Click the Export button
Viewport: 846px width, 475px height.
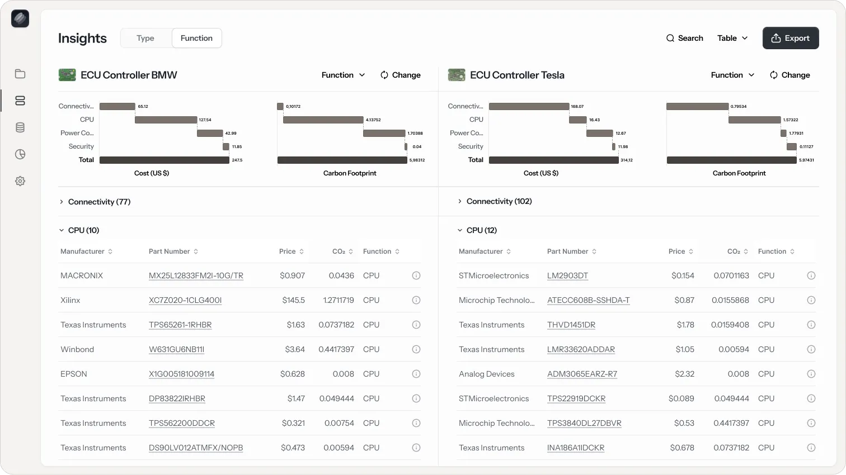[790, 38]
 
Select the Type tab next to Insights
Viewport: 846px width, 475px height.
[145, 38]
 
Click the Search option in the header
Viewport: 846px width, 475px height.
[684, 38]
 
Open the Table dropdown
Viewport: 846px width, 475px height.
[732, 38]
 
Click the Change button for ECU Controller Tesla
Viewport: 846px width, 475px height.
[789, 75]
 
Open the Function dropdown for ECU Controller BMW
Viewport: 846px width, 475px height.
[343, 75]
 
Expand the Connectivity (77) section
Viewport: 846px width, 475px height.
[95, 202]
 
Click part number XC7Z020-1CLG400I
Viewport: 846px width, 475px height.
[185, 300]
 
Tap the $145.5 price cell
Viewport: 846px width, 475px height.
[293, 300]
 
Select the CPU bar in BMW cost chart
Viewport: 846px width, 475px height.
[166, 120]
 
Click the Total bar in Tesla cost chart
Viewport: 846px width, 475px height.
[553, 160]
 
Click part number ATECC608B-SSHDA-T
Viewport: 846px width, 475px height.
[588, 300]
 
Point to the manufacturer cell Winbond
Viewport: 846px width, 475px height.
[77, 349]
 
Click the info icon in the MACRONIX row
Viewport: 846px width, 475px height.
[416, 275]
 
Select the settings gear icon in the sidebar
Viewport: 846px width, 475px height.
[20, 181]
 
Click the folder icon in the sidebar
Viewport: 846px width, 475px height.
[20, 74]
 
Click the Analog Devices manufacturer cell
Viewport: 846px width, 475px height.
[486, 374]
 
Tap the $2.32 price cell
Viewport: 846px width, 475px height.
[684, 374]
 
